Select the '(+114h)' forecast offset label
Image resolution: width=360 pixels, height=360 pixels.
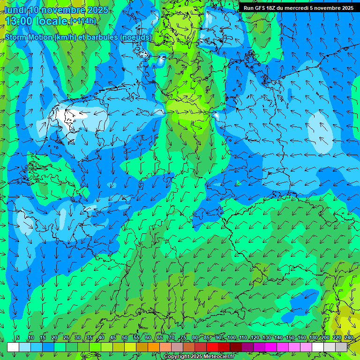click(x=83, y=21)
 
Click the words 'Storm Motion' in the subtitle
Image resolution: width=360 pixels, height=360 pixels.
click(x=29, y=37)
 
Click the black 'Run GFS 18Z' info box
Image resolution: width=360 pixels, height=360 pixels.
click(x=299, y=7)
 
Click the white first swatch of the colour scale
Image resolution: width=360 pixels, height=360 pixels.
click(x=13, y=347)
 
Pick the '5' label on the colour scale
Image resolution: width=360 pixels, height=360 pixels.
click(x=18, y=338)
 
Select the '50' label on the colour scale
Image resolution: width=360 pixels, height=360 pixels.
click(x=125, y=338)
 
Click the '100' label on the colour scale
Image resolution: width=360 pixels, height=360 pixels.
click(x=231, y=338)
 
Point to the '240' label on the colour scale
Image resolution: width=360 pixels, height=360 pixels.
click(x=349, y=338)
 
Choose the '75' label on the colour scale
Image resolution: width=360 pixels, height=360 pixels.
click(x=183, y=338)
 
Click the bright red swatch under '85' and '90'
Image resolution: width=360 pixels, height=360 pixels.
click(x=212, y=347)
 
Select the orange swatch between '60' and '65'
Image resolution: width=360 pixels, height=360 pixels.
click(x=154, y=347)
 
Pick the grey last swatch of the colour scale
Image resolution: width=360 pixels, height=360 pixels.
click(x=341, y=347)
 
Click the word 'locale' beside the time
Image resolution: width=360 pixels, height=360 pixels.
click(x=52, y=21)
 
